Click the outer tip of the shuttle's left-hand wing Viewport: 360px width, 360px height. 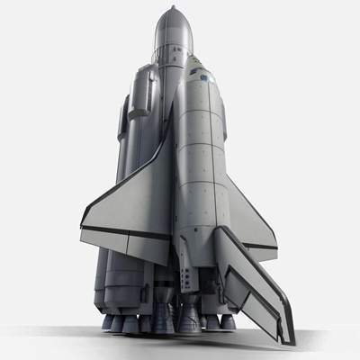84,236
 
